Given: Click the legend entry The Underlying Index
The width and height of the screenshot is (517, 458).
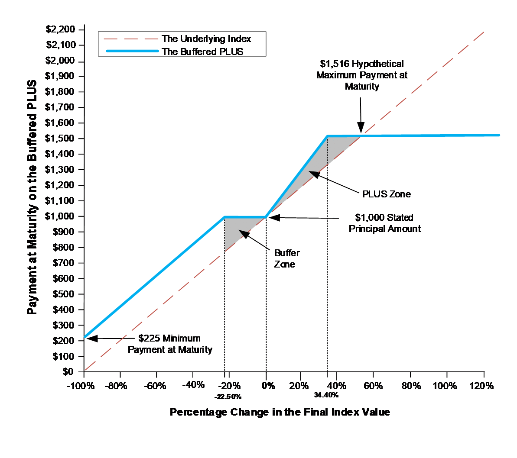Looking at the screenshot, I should click(x=206, y=39).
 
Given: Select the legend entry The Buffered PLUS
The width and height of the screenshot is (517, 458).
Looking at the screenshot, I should click(x=202, y=52).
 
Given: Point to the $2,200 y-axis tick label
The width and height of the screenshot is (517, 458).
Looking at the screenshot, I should click(x=60, y=29).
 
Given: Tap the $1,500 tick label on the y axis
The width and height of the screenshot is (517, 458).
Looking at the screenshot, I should click(x=60, y=139).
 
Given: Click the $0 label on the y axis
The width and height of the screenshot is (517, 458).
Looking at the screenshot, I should click(x=68, y=371).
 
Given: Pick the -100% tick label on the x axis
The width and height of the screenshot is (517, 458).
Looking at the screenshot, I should click(x=81, y=386).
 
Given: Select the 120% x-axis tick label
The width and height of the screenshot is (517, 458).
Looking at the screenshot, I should click(x=481, y=386).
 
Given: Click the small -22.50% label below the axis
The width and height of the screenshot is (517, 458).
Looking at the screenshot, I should click(x=228, y=397).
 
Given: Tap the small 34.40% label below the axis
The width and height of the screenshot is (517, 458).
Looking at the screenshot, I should click(x=326, y=395).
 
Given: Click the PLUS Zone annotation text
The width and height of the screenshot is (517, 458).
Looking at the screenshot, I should click(x=386, y=194).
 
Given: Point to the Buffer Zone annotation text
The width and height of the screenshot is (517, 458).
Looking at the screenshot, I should click(x=286, y=258).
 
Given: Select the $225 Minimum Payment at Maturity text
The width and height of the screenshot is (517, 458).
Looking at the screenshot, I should click(x=170, y=344).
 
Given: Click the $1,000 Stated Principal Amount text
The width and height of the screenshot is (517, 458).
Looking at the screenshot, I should click(x=384, y=223).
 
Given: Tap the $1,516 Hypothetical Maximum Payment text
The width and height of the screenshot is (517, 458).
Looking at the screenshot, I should click(x=362, y=75).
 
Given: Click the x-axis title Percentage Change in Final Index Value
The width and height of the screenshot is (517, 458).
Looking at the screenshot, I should click(x=280, y=412).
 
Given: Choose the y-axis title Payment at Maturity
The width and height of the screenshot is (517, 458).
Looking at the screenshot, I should click(x=32, y=197).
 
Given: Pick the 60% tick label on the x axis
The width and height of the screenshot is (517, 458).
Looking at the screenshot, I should click(x=373, y=386).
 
